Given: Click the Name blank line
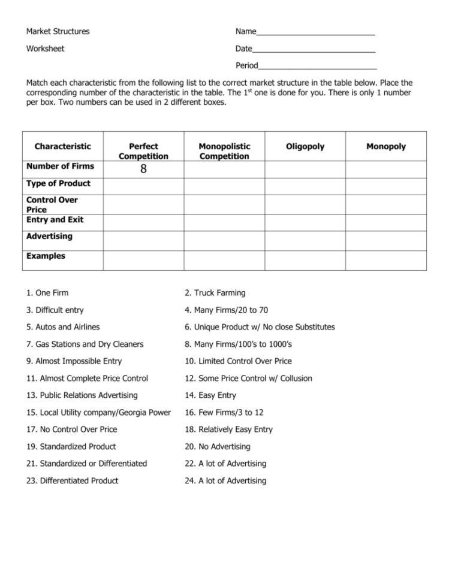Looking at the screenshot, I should (315, 33).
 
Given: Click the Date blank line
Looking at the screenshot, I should (314, 50).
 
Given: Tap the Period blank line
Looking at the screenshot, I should (317, 67).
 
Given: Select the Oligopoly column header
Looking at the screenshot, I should (305, 147).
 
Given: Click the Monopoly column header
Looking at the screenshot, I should (385, 147).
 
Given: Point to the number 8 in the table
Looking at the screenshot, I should (143, 170).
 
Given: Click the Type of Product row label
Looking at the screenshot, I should (58, 183).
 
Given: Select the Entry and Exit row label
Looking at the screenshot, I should (55, 220).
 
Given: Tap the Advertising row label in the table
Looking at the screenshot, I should (49, 237).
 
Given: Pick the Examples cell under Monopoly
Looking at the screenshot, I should (385, 260).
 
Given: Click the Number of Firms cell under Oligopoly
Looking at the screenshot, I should (305, 170).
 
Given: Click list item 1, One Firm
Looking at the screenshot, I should (47, 293).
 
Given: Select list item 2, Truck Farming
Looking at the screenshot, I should (215, 293).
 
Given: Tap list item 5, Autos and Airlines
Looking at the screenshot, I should (63, 327).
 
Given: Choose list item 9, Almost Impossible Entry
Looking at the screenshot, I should (74, 361).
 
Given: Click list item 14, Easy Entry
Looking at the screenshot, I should (210, 395).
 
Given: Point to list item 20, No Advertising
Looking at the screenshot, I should (217, 447).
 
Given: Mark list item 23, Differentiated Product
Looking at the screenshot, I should (73, 481).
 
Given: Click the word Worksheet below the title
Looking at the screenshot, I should (45, 49).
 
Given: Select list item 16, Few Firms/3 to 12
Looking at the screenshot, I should (224, 413).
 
